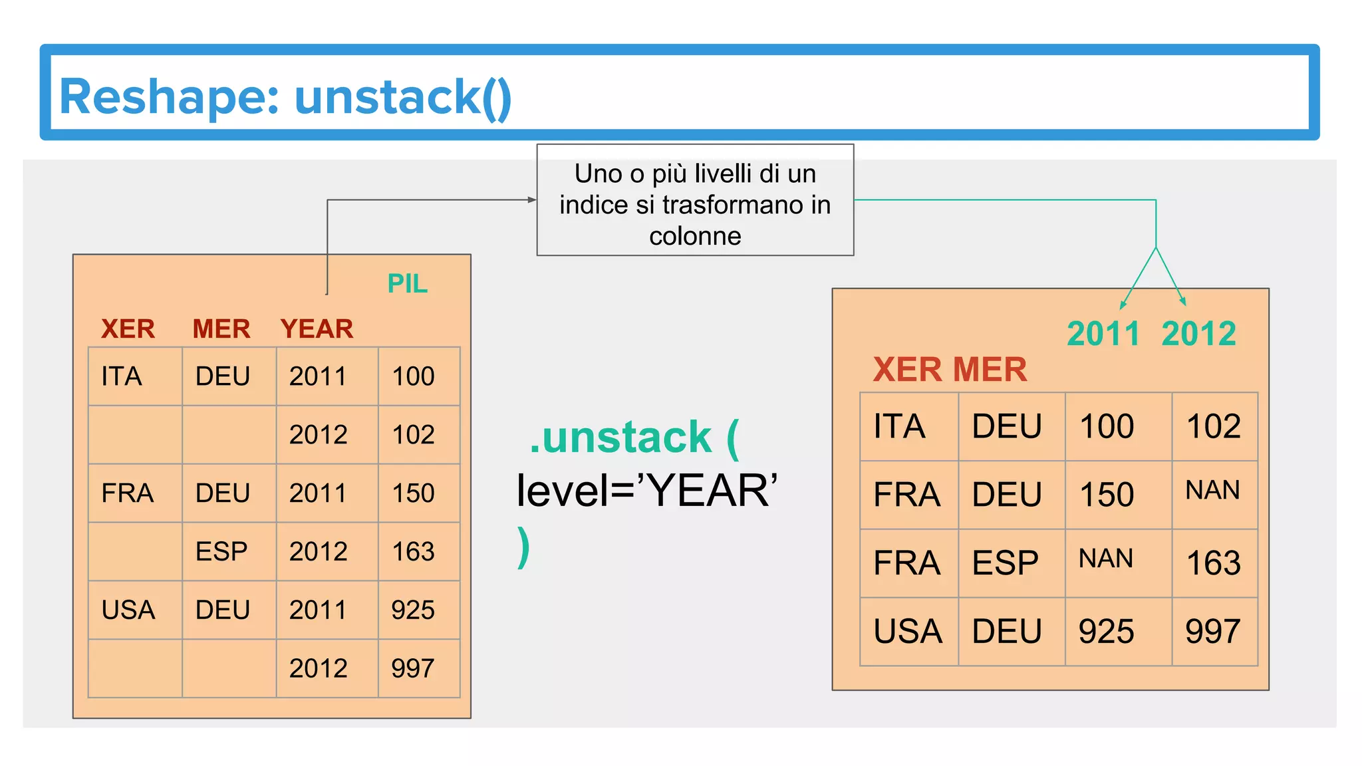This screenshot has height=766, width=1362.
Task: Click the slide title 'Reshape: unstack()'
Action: (x=285, y=97)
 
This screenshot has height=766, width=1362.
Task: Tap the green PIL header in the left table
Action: (x=407, y=284)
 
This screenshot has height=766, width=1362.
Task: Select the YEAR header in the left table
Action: (x=317, y=329)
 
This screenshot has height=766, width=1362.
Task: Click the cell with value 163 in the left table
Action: (x=413, y=552)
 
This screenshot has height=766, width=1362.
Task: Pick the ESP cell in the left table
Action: (x=221, y=552)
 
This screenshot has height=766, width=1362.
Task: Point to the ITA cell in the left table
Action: (x=122, y=376)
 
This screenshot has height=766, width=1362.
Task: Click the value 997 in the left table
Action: (x=413, y=668)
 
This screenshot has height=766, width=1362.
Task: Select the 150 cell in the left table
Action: (x=413, y=493)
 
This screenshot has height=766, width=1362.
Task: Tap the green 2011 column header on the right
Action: (x=1103, y=334)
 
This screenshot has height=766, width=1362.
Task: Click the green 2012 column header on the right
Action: (x=1198, y=334)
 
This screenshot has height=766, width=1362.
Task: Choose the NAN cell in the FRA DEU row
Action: (x=1212, y=491)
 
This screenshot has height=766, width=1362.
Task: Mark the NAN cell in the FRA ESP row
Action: (x=1105, y=559)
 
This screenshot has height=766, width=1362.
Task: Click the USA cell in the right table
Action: (x=908, y=631)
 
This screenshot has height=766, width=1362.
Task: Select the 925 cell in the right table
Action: (x=1106, y=631)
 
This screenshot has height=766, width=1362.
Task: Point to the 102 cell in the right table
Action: (x=1214, y=426)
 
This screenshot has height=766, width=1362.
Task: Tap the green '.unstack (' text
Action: (x=634, y=438)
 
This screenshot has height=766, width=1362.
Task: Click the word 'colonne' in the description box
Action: (x=695, y=236)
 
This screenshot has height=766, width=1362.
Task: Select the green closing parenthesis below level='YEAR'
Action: (x=523, y=547)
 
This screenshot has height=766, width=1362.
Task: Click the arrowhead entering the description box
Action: (x=531, y=199)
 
